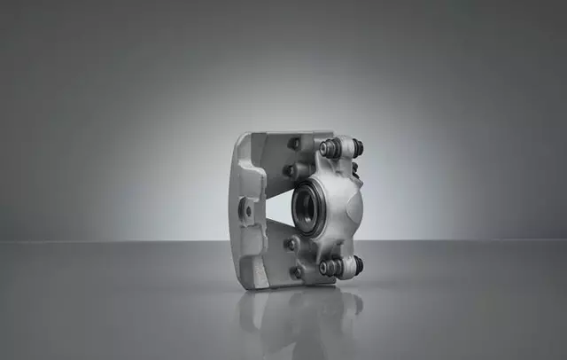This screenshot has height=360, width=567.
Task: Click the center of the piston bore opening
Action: tap(310, 208)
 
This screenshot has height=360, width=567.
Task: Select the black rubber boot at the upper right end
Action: tap(357, 148)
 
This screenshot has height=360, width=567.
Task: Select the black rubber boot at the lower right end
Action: tap(357, 265)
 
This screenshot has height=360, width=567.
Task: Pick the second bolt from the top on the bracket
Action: tap(289, 170)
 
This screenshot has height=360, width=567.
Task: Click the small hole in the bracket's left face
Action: tap(246, 211)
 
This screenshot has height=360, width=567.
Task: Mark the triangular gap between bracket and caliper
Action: tap(276, 208)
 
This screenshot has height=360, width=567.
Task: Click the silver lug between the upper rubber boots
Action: tap(343, 147)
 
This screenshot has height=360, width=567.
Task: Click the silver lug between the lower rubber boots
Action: tap(343, 265)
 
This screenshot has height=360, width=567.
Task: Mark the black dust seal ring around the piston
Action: tap(298, 208)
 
